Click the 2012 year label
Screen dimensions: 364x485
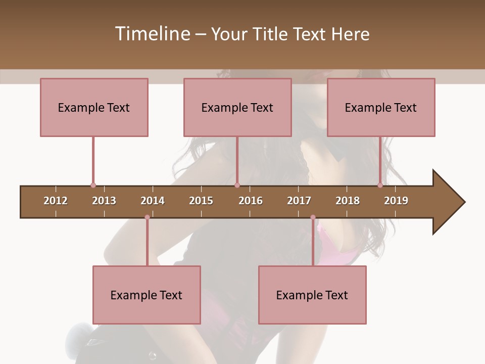pos(56,201)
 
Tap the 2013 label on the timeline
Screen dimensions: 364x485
pos(104,201)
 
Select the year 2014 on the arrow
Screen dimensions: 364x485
pos(153,201)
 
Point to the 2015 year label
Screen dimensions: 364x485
pos(201,201)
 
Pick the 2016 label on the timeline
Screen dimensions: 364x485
pos(251,201)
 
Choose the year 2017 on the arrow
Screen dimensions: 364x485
pos(299,201)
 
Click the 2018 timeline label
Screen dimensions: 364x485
pos(348,201)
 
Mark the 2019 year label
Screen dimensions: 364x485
pos(396,201)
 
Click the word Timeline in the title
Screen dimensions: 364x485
pos(152,34)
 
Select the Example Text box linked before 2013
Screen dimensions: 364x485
pos(94,107)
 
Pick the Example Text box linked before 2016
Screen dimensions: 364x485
pos(237,107)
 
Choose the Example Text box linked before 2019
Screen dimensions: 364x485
pos(381,107)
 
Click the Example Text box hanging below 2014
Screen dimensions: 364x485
pos(147,295)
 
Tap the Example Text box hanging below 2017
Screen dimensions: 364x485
pos(312,295)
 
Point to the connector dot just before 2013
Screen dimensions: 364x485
pos(93,186)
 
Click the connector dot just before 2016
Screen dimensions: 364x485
pos(237,186)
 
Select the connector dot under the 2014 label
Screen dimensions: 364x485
pos(147,217)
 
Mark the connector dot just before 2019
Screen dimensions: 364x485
pos(380,186)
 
